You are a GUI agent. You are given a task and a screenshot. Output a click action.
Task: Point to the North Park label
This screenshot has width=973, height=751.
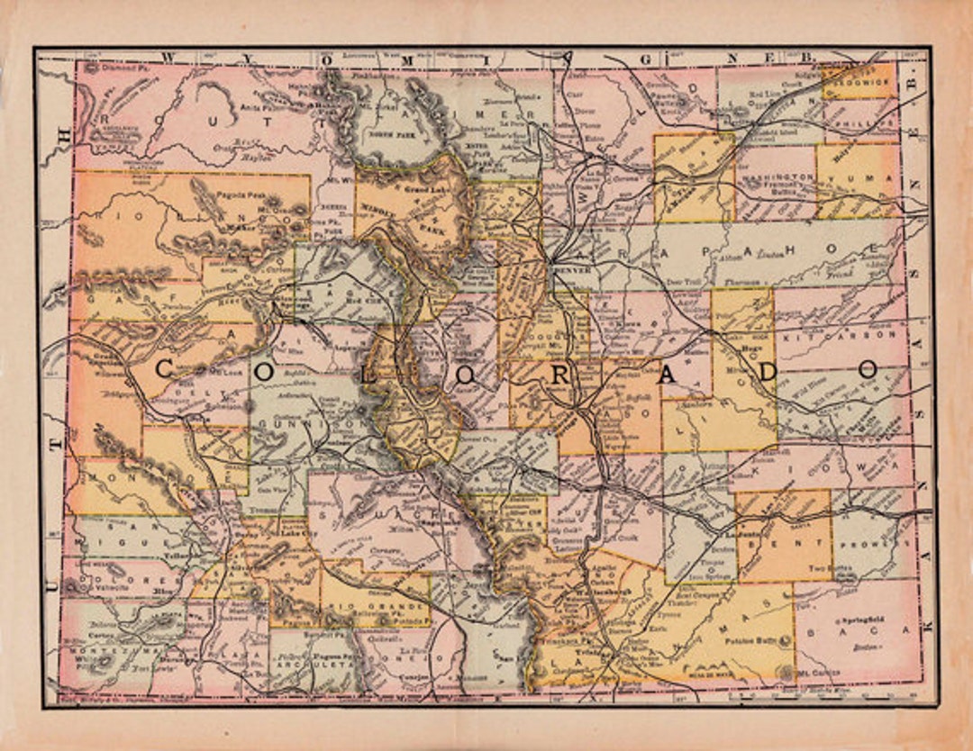pyautogui.click(x=388, y=133)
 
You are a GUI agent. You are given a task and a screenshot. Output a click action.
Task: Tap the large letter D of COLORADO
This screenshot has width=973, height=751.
pyautogui.click(x=767, y=372)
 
